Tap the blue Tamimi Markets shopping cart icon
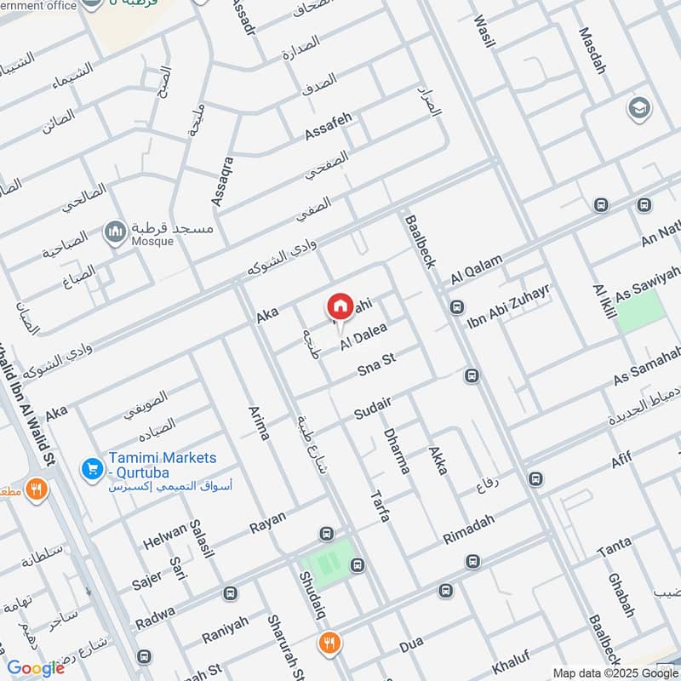91,467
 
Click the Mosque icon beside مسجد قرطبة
115,231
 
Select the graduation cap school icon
637,108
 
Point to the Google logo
36,668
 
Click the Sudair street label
372,409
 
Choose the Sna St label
377,369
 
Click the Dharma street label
397,449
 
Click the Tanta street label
614,548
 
